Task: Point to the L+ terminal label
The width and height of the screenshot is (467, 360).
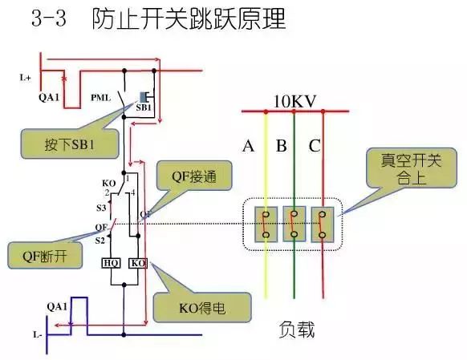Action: click(26, 78)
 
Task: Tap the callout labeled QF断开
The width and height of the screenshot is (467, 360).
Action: click(36, 257)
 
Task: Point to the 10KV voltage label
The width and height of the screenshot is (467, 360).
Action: click(294, 102)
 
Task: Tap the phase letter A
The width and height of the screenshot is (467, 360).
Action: click(249, 147)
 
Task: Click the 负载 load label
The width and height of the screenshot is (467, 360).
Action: click(297, 330)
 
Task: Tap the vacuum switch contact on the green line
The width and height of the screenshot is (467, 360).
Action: click(294, 224)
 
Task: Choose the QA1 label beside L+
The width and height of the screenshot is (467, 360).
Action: click(48, 96)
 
